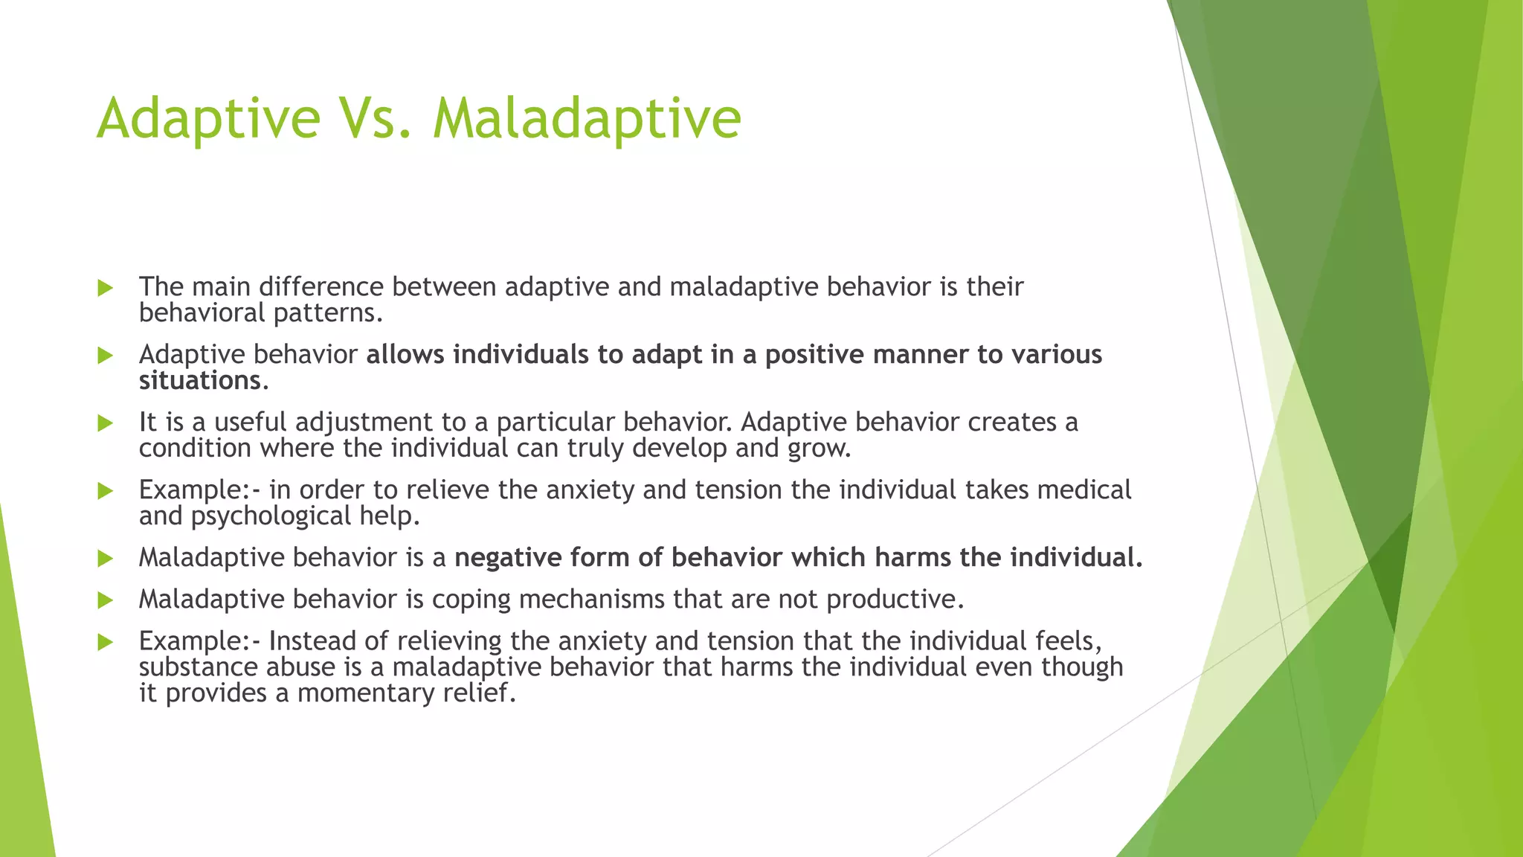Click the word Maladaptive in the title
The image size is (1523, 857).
(587, 119)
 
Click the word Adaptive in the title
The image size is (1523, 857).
(208, 119)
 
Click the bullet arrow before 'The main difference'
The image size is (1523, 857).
(106, 288)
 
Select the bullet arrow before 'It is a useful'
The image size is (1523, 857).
(106, 423)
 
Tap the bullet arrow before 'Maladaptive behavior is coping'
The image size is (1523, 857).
(106, 600)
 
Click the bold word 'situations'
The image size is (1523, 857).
(199, 381)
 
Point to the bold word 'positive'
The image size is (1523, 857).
(814, 355)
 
